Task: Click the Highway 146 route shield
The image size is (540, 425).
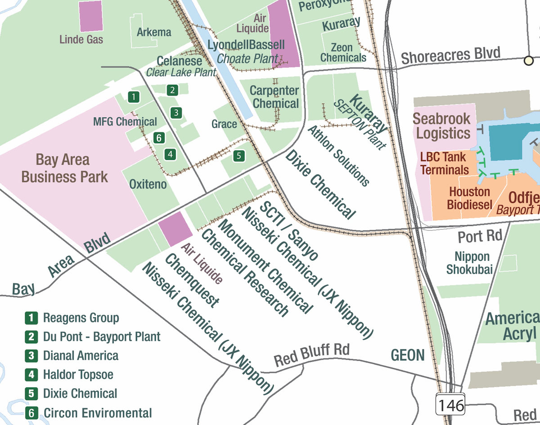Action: click(450, 405)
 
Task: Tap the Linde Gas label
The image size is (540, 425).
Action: click(81, 40)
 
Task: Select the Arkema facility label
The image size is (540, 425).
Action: click(154, 32)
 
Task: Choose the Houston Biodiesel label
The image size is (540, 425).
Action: click(470, 198)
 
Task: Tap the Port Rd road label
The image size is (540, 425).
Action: click(480, 236)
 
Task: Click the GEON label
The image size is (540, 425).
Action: click(408, 355)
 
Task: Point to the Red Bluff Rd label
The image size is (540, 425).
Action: click(312, 354)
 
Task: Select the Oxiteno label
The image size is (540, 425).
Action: click(148, 184)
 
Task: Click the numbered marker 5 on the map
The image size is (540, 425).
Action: click(239, 156)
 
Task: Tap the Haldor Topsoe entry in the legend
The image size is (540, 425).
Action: click(78, 374)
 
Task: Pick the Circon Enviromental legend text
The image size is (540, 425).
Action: click(98, 413)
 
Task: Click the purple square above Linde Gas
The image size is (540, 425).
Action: click(91, 16)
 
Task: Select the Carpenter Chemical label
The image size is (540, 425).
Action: click(274, 97)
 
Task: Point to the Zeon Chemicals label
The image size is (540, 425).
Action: click(343, 53)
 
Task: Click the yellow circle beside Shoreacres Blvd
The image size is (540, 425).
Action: click(529, 60)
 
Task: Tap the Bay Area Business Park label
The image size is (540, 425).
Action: click(65, 168)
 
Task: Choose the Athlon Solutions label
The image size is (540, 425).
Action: click(338, 156)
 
